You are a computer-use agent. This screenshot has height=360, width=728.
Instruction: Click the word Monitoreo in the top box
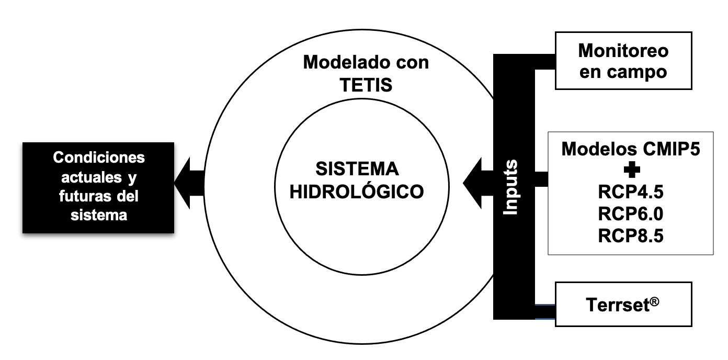pyautogui.click(x=623, y=51)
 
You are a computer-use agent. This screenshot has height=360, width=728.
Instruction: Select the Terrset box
pyautogui.click(x=623, y=304)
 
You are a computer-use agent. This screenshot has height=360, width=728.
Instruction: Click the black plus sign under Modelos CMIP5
pyautogui.click(x=631, y=171)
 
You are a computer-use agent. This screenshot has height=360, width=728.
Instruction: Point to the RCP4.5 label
pyautogui.click(x=631, y=192)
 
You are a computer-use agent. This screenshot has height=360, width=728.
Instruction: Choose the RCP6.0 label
pyautogui.click(x=631, y=214)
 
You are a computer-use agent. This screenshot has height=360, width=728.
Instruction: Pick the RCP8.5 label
pyautogui.click(x=631, y=235)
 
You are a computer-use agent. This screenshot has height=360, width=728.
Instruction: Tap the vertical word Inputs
pyautogui.click(x=510, y=187)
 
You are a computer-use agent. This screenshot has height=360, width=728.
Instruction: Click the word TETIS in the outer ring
pyautogui.click(x=366, y=84)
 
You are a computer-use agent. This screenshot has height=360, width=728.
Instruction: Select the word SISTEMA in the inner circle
pyautogui.click(x=357, y=169)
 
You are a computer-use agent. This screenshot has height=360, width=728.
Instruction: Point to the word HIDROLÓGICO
pyautogui.click(x=357, y=192)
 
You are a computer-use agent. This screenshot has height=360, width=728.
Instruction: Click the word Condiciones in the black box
pyautogui.click(x=99, y=157)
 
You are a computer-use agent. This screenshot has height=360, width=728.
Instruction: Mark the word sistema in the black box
pyautogui.click(x=99, y=215)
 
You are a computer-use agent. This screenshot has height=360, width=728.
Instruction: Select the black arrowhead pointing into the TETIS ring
pyautogui.click(x=473, y=183)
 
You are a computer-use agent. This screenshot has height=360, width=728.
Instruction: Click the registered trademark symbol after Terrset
pyautogui.click(x=654, y=300)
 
